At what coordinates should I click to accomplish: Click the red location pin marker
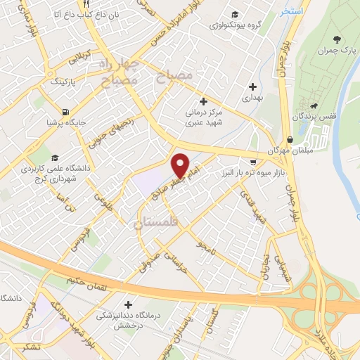point(180,165)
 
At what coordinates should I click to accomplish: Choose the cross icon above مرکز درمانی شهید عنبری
point(203,101)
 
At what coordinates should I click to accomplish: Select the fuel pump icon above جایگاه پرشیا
point(66,111)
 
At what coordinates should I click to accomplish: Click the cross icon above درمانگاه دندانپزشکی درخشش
point(128,304)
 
